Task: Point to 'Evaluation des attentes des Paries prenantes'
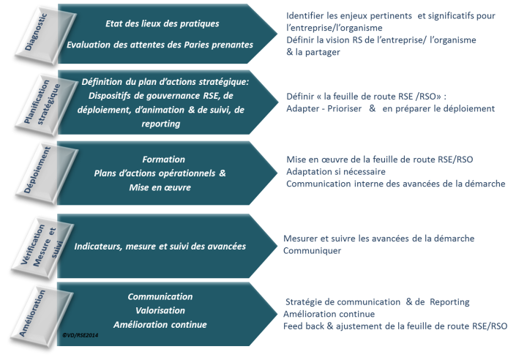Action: [160, 45]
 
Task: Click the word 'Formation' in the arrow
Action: [163, 159]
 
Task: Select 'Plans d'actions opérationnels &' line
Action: [160, 173]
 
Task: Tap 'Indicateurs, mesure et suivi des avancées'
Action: [160, 246]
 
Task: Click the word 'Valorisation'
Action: [160, 310]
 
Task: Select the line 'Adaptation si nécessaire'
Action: [336, 171]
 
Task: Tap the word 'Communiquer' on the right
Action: [313, 251]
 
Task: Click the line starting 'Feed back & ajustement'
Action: [395, 326]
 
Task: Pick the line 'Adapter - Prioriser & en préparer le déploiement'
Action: [391, 108]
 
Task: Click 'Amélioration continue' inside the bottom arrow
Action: [160, 324]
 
